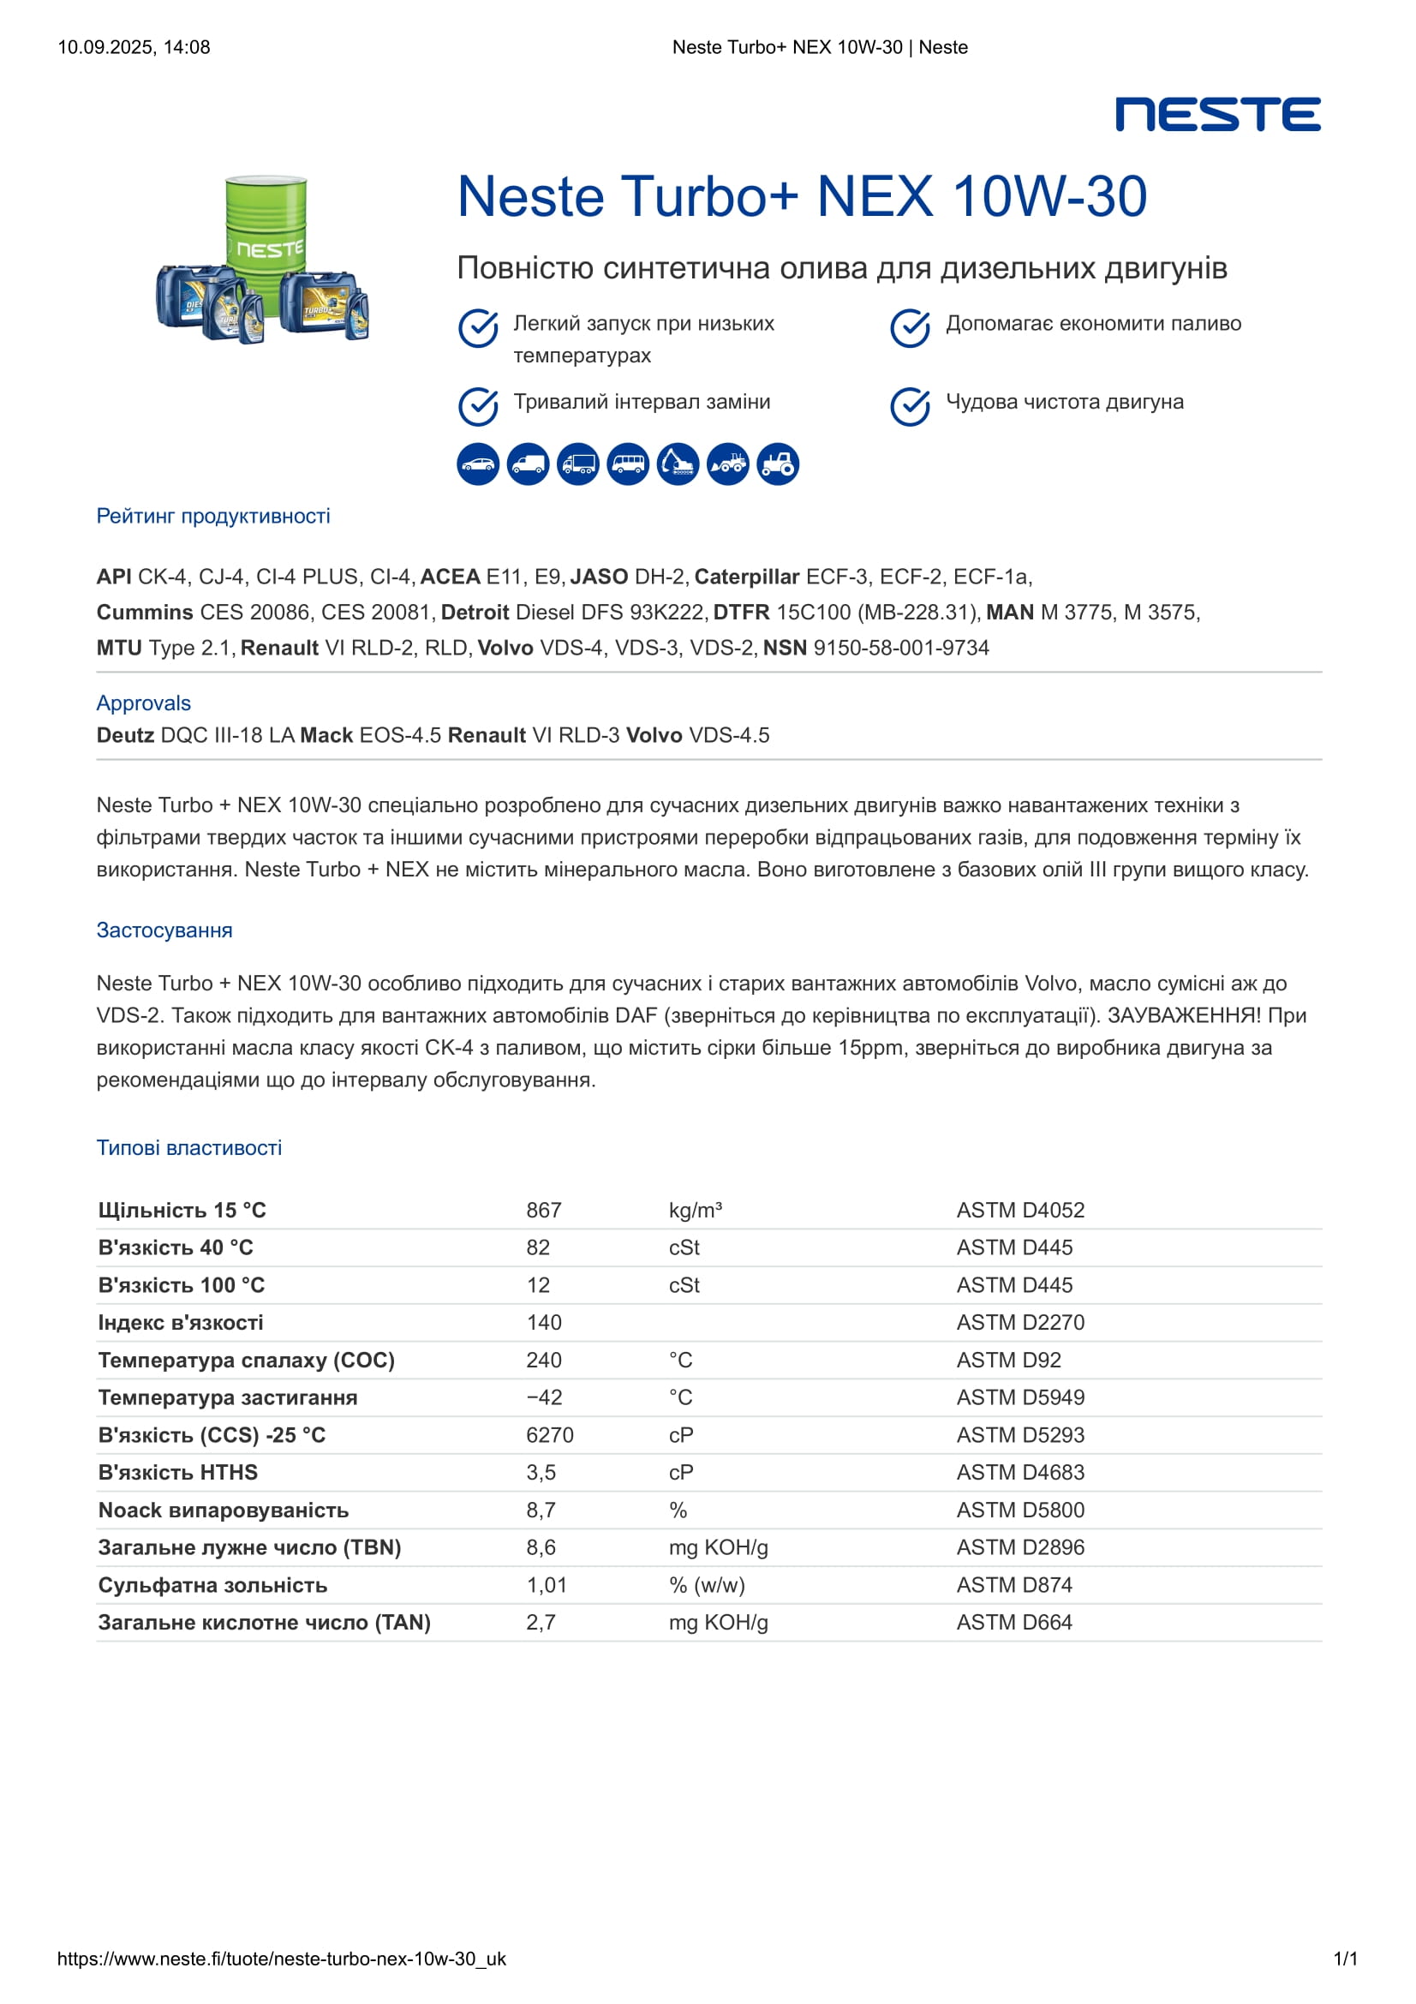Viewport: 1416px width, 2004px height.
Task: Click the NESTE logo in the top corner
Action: coord(1217,114)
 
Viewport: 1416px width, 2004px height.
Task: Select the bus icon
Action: coord(627,464)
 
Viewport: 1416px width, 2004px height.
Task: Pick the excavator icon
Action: coord(678,464)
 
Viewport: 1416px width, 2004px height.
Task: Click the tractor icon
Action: coord(777,464)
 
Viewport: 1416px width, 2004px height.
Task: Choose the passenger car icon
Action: coord(478,464)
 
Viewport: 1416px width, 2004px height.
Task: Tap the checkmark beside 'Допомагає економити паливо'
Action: coord(910,328)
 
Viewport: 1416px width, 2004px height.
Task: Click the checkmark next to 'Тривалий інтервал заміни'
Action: coord(478,406)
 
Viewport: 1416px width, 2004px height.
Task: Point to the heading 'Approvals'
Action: coord(144,703)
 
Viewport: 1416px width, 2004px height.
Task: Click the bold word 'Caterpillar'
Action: coord(747,577)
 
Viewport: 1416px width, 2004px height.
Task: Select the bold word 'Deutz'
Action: coord(126,735)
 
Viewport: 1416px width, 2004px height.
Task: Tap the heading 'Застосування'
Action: coord(164,930)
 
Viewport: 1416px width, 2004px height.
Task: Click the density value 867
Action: coord(544,1210)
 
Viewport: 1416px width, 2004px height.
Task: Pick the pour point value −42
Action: coord(544,1397)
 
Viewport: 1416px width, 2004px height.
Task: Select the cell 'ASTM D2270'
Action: coord(1020,1322)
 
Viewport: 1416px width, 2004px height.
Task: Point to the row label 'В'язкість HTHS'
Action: coord(178,1473)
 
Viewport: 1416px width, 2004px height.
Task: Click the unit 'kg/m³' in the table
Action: coord(696,1210)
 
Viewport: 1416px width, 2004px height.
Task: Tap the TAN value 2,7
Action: coord(541,1623)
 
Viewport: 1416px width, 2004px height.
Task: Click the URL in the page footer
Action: coord(282,1959)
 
